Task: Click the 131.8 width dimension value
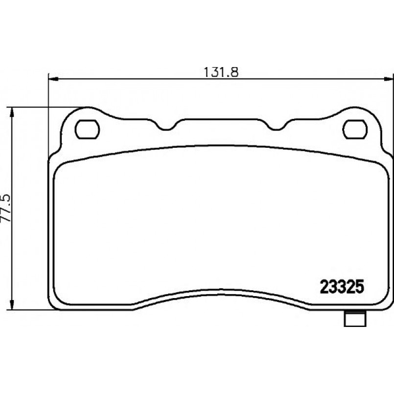(x=221, y=72)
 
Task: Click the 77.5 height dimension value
(x=6, y=208)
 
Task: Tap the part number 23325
(x=342, y=287)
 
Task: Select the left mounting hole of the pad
(x=87, y=129)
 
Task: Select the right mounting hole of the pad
(x=355, y=129)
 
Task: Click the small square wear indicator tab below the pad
(x=354, y=319)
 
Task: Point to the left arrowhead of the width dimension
(x=53, y=79)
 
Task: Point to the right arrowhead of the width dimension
(x=388, y=79)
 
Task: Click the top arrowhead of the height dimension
(x=11, y=113)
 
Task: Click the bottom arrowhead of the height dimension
(x=11, y=304)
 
